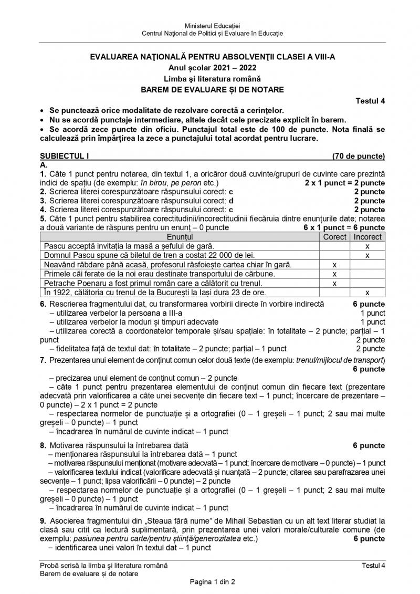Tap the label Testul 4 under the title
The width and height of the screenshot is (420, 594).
click(370, 101)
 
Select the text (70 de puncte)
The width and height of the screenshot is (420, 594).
click(359, 156)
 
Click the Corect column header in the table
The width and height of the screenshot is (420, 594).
click(334, 237)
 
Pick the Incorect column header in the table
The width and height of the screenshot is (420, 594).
click(367, 237)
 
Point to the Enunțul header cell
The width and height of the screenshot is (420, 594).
click(180, 237)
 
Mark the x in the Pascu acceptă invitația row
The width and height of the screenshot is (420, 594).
click(367, 246)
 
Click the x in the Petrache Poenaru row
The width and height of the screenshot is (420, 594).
click(334, 283)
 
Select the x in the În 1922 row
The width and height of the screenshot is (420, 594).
click(367, 292)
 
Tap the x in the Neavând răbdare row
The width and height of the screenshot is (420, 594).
click(334, 264)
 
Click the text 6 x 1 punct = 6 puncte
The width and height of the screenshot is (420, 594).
click(344, 227)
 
